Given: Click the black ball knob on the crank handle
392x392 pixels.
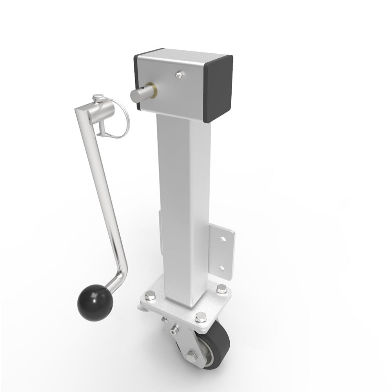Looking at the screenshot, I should click(95, 303).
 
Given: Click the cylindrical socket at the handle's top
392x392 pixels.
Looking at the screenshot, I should click(94, 115).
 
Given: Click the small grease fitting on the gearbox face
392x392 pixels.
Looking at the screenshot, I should click(179, 74).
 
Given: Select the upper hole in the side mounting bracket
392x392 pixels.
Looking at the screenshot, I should click(222, 238).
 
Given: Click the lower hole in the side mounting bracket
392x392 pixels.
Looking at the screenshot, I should click(222, 268).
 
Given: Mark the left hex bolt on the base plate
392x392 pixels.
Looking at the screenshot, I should click(149, 295).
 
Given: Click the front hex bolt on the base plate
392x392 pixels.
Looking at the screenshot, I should click(200, 317).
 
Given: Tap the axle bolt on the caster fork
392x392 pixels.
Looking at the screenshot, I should click(191, 356).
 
